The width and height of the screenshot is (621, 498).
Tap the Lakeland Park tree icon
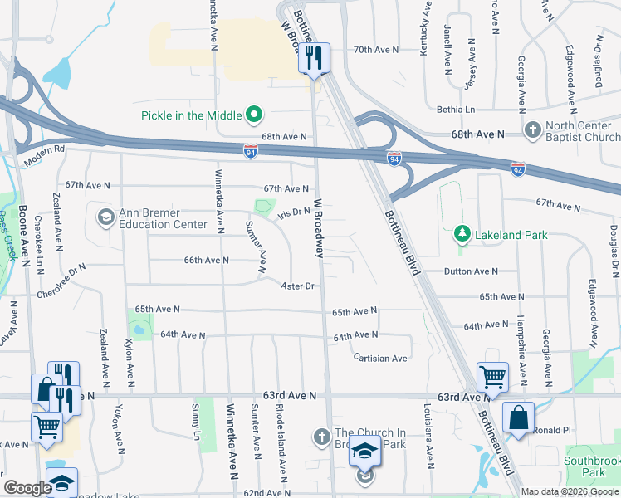463,235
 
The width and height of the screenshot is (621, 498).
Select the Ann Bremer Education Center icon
105,217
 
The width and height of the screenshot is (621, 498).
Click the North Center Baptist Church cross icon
533,129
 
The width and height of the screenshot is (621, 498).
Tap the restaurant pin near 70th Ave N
314,58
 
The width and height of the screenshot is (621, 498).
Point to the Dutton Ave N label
471,271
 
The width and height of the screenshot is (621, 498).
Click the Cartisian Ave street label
380,358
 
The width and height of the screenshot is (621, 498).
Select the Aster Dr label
299,286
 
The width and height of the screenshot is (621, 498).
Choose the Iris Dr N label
294,212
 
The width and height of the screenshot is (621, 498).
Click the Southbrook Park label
590,466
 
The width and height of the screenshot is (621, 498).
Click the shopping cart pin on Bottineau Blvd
493,378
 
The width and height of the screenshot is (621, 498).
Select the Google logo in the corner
27,488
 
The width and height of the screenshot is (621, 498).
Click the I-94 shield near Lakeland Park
517,168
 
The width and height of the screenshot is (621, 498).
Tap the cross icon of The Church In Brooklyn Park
322,436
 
